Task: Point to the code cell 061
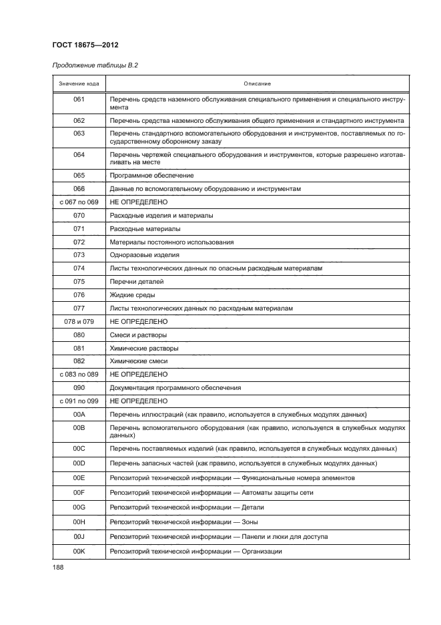pos(79,99)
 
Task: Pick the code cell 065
pos(79,175)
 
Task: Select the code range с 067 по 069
pos(79,201)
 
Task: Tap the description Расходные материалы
pos(144,228)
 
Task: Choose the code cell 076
pos(79,294)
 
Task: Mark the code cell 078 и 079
pos(79,321)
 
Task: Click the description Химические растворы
pos(144,348)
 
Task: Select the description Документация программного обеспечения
pos(175,388)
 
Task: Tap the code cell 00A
pos(79,415)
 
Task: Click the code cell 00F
pos(79,492)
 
